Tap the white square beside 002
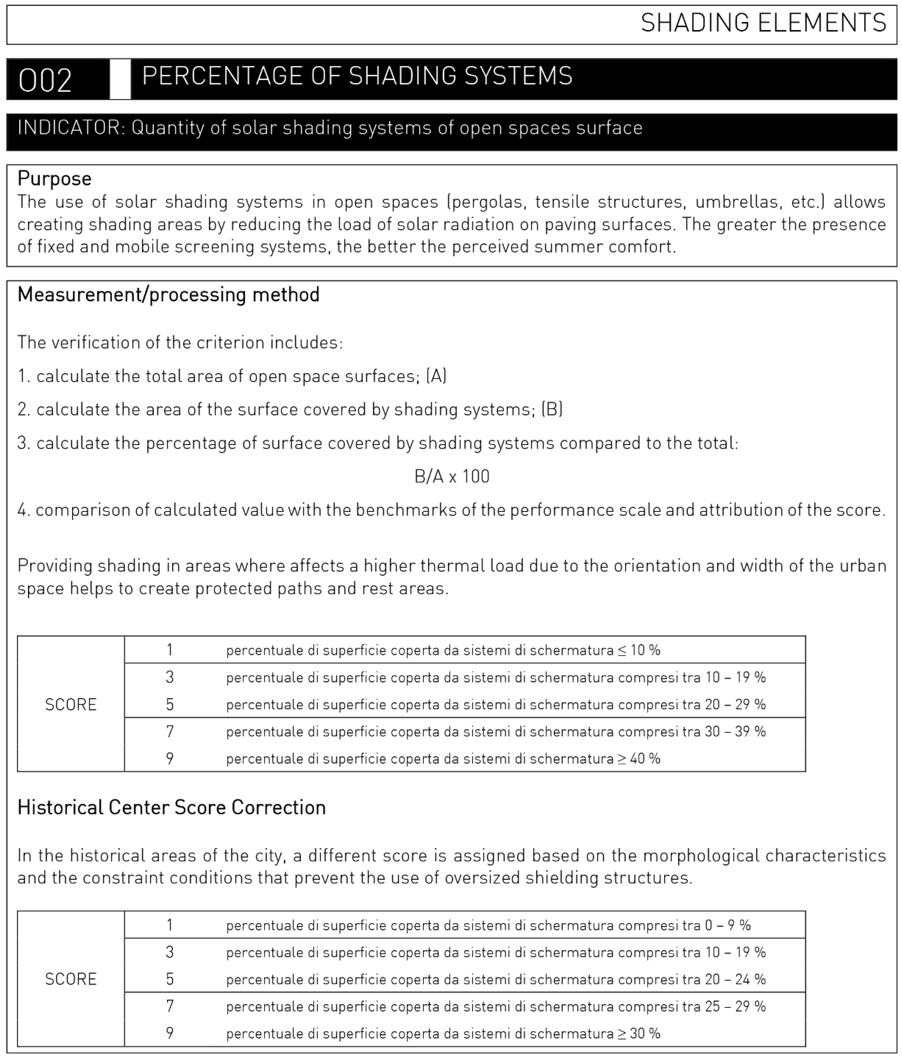[120, 79]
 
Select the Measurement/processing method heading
[168, 295]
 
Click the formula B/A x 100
[452, 476]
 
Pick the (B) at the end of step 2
[552, 409]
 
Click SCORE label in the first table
[71, 705]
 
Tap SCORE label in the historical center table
[71, 979]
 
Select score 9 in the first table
[170, 759]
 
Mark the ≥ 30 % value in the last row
[639, 1033]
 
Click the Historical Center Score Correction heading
[171, 808]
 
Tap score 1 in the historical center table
[170, 925]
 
